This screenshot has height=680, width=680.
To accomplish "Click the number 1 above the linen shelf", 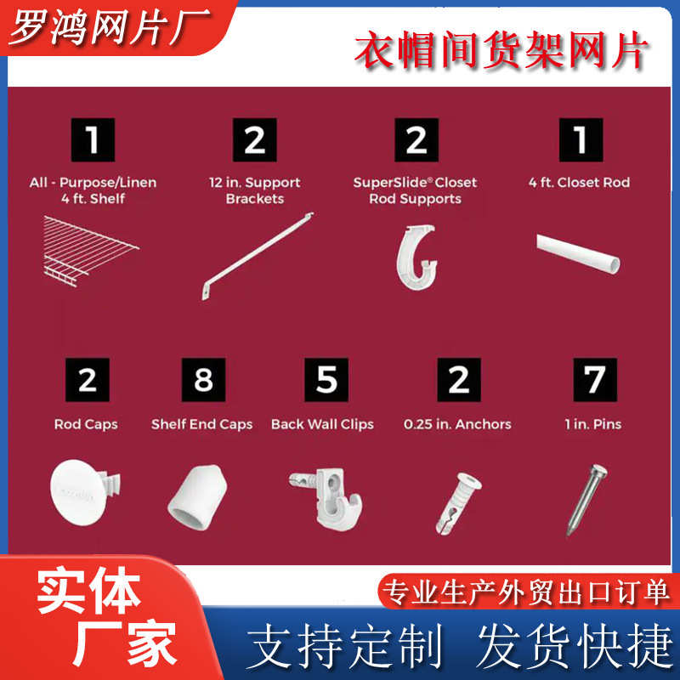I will (93, 140).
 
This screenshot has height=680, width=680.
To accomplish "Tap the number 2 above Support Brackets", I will (254, 140).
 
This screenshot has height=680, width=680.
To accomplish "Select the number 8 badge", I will (203, 380).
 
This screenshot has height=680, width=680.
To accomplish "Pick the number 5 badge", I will (326, 380).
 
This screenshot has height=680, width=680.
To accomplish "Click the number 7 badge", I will (593, 380).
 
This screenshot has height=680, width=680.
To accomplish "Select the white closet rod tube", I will (578, 254).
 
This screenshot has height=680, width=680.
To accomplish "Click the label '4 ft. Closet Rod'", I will (579, 183).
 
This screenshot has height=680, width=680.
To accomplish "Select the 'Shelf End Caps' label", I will (201, 424).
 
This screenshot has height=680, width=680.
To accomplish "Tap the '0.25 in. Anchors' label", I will (457, 424).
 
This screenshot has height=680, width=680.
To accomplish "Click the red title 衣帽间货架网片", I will (501, 52).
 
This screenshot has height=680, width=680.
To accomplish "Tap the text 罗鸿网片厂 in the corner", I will (99, 27).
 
